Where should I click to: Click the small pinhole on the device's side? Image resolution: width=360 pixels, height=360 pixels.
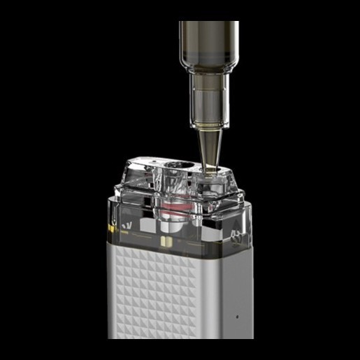pyautogui.click(x=236, y=315)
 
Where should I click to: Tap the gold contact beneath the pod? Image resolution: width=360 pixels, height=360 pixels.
pyautogui.click(x=166, y=240)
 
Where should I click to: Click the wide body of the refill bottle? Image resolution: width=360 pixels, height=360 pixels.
pyautogui.click(x=208, y=42)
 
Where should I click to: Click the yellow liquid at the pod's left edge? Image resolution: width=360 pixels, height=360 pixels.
pyautogui.click(x=112, y=229)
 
